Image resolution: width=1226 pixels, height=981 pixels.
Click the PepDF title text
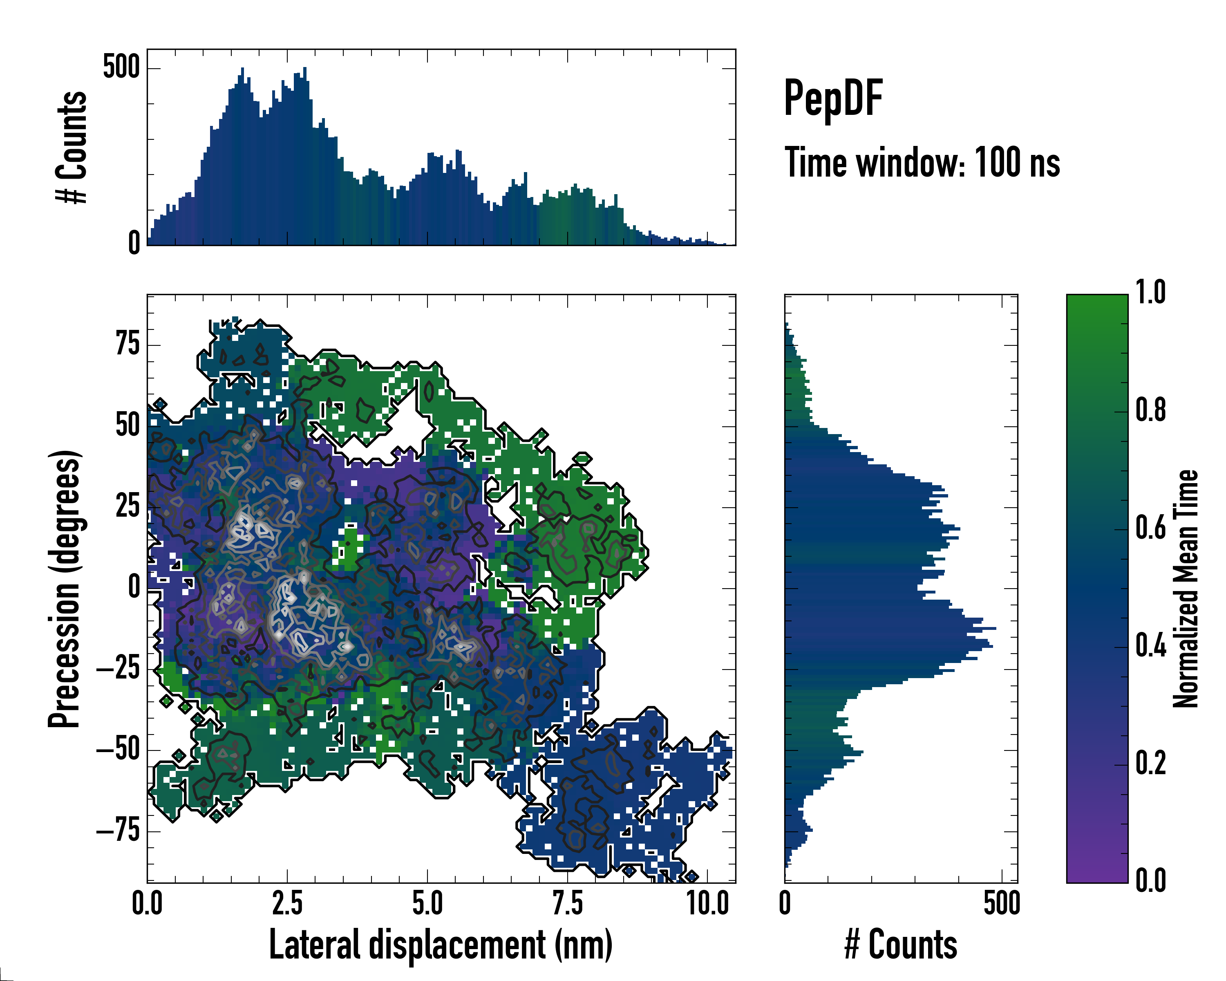(x=833, y=99)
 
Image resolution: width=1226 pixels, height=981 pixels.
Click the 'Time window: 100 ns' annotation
(x=922, y=163)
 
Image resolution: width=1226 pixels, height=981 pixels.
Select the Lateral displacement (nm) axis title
(x=441, y=945)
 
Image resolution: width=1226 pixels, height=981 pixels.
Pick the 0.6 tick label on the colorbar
(x=1150, y=529)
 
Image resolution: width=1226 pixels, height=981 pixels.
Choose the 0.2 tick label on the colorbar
(x=1150, y=763)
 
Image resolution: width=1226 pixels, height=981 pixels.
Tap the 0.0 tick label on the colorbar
(x=1150, y=881)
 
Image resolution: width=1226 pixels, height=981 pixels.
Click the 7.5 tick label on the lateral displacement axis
(x=568, y=904)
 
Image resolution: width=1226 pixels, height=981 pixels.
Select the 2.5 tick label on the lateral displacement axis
(x=287, y=904)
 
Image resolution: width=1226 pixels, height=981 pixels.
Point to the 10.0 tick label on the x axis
(x=708, y=904)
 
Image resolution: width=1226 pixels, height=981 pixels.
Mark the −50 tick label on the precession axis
(x=118, y=750)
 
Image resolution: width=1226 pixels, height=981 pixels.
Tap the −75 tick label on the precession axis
(x=118, y=831)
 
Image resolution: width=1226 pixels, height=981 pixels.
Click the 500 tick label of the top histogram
(x=121, y=68)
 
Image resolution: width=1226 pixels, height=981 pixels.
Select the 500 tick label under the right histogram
(x=1002, y=904)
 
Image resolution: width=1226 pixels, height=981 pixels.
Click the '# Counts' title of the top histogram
(x=72, y=147)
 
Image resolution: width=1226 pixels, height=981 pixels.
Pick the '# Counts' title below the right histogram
(x=901, y=945)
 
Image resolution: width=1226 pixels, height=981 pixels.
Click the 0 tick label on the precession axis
(x=134, y=587)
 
